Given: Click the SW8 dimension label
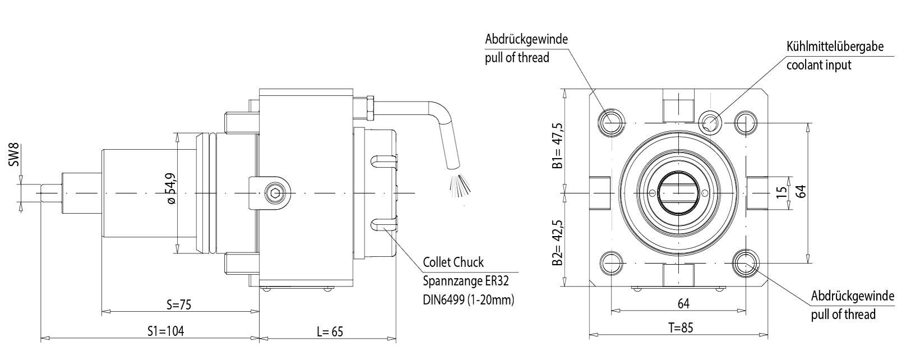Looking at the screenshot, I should [15, 156].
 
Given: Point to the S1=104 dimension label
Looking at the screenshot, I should [163, 331].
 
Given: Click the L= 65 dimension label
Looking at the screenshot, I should [330, 331].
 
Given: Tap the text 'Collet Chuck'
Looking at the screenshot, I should [453, 262].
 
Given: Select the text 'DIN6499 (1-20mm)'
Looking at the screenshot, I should [468, 300].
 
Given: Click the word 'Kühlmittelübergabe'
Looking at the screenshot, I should [835, 47].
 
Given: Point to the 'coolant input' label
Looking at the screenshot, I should [819, 65].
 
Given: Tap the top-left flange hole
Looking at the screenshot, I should [609, 121].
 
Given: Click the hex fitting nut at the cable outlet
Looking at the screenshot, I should [369, 108].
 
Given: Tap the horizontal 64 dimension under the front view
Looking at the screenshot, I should [683, 304].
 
